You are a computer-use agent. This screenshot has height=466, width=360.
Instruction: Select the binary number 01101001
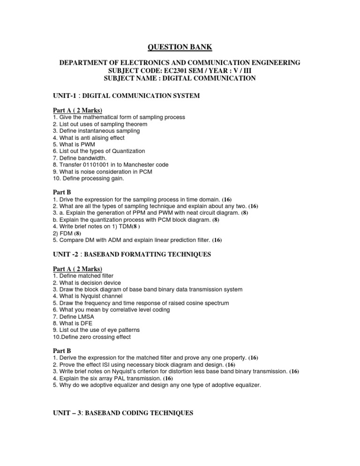tap(91, 165)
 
